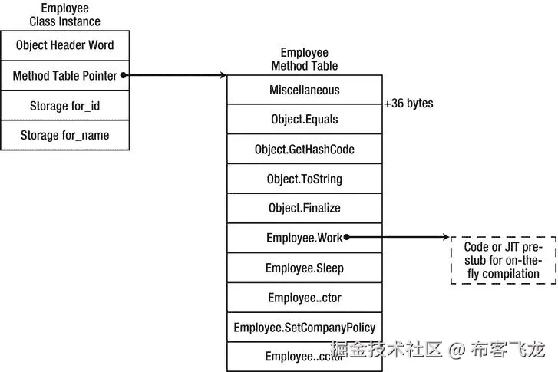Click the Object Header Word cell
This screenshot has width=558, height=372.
tap(64, 45)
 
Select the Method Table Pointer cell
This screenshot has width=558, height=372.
tap(64, 75)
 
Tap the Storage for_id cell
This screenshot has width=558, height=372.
tap(64, 105)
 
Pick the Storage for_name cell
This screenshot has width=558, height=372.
tap(64, 135)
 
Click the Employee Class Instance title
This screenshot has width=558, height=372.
tap(64, 15)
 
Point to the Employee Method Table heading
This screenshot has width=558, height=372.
tap(304, 59)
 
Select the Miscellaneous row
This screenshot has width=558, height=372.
tap(304, 90)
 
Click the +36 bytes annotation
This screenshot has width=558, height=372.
tap(408, 103)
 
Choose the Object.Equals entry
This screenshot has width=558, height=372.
tap(304, 120)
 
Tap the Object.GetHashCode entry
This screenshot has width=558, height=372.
tap(304, 150)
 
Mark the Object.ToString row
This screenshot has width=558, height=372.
tap(304, 179)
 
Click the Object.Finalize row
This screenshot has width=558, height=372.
tap(304, 208)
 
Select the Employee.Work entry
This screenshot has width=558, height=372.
tap(304, 238)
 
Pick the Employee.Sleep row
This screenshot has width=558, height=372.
tap(304, 268)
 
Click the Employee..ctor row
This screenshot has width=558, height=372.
tap(304, 297)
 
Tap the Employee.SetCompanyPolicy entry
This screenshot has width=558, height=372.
tap(304, 328)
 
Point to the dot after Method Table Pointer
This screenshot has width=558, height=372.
tap(124, 75)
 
